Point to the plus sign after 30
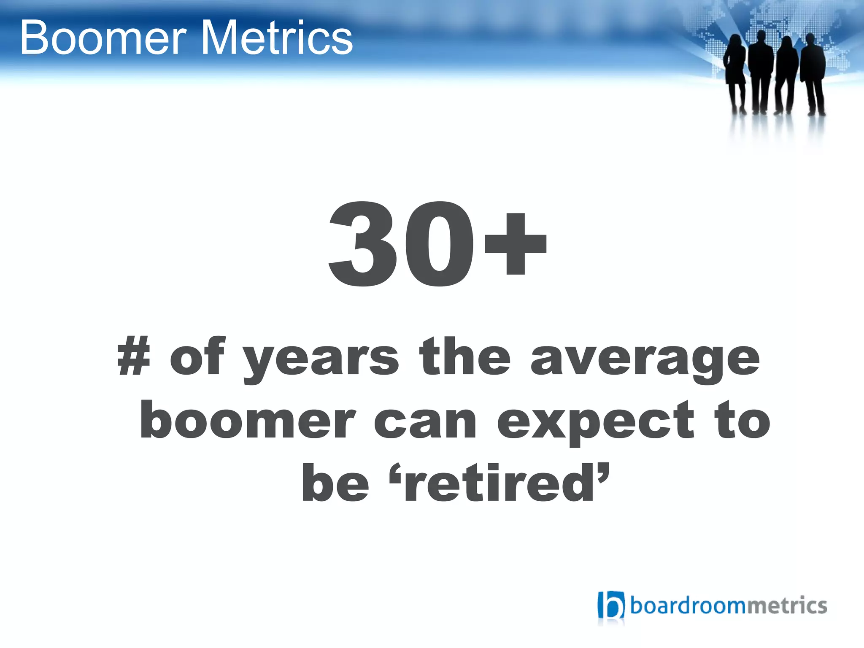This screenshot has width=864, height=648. pos(515,244)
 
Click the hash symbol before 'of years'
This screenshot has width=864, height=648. pos(134,356)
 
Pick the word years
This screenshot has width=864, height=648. pos(321,359)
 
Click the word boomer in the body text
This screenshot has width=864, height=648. pos(248,420)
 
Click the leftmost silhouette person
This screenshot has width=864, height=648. pos(735,72)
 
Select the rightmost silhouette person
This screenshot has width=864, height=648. pos(813,72)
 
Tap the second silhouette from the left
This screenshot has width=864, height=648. pos(760,70)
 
